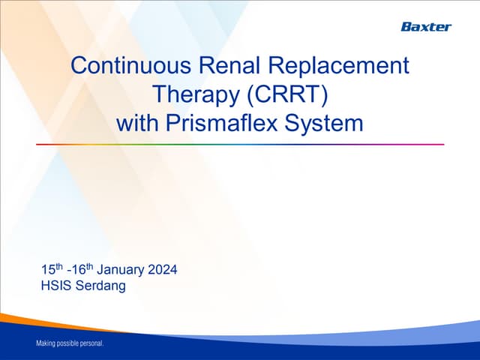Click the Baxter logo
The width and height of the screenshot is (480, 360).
(x=425, y=27)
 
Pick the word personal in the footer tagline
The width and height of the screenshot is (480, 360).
(x=93, y=344)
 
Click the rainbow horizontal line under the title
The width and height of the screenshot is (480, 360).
(x=240, y=144)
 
